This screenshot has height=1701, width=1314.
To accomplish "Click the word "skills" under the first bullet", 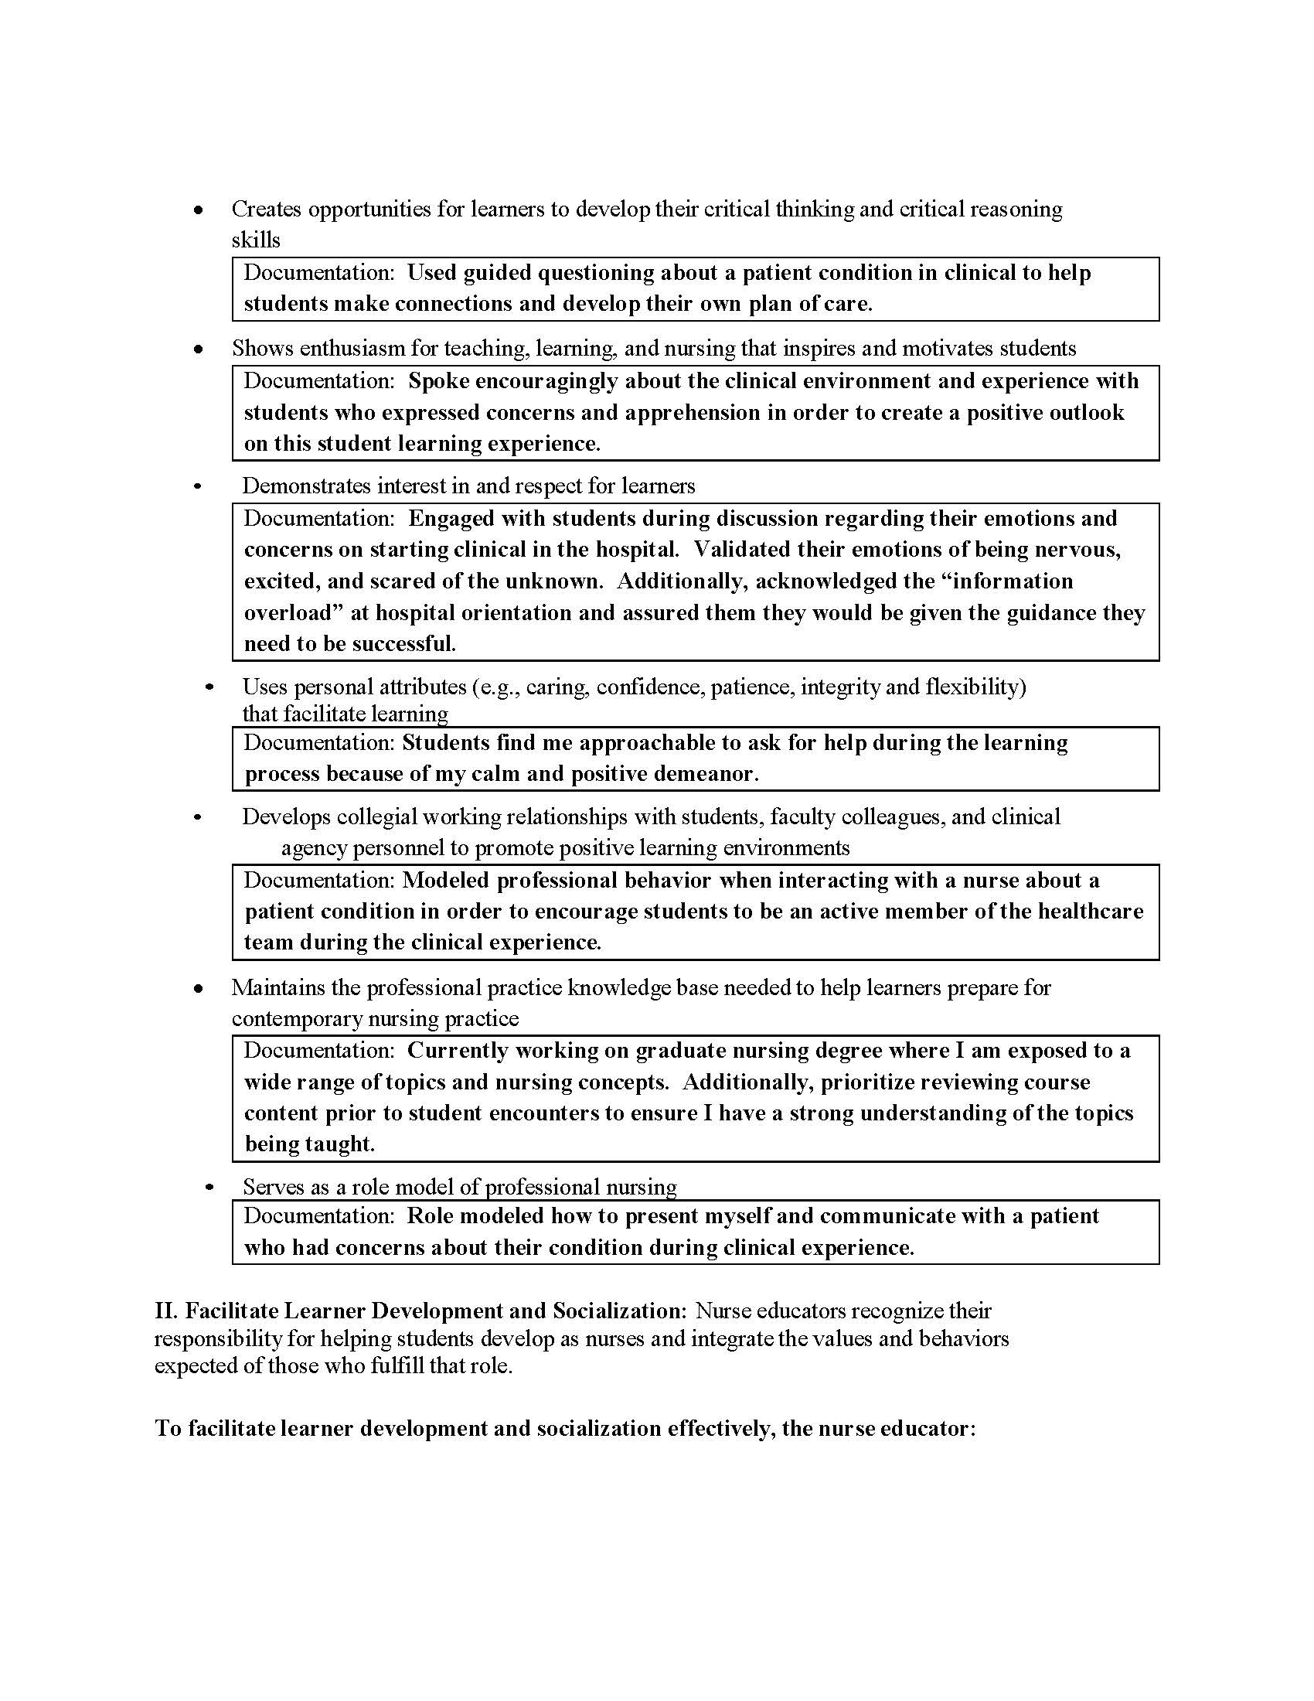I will point(255,240).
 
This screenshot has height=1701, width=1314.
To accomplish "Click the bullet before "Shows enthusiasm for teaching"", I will point(199,349).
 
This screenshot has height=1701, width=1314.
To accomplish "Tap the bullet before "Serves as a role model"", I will point(209,1188).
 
